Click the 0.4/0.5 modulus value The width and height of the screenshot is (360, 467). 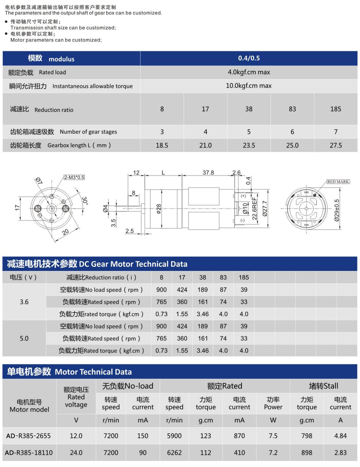[x=249, y=58]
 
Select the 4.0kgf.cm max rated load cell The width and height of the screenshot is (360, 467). [x=249, y=72]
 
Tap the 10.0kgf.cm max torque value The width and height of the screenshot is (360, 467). [x=249, y=86]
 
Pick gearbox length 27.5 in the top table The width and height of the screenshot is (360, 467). [x=336, y=145]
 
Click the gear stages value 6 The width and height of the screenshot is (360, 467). [x=292, y=132]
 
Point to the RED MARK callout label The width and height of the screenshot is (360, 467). [x=338, y=182]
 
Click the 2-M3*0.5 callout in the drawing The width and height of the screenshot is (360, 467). [x=74, y=177]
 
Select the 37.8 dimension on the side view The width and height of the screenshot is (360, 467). [x=208, y=173]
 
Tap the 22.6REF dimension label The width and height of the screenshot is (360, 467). [x=254, y=209]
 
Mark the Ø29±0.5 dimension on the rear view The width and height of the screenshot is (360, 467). [x=337, y=210]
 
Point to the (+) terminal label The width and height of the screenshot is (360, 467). [x=243, y=196]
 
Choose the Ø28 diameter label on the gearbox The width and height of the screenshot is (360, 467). [x=159, y=209]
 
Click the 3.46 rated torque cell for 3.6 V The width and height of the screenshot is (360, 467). [x=202, y=314]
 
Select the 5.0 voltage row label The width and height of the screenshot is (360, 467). [x=24, y=338]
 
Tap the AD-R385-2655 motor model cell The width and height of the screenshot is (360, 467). [x=29, y=436]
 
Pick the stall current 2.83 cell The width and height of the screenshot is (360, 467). [x=340, y=453]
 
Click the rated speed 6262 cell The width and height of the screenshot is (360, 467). [x=174, y=453]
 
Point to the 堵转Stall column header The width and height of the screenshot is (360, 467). [x=323, y=386]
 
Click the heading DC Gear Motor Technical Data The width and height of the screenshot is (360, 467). [x=133, y=264]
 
